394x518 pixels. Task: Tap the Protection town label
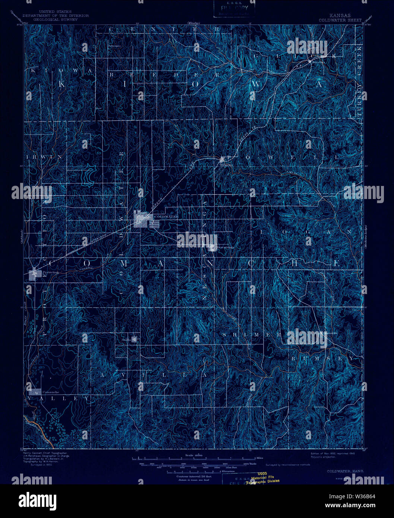[x=51, y=272]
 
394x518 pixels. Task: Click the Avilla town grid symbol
[x=134, y=339]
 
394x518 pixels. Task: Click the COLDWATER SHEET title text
[x=335, y=20]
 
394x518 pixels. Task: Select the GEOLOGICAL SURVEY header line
[x=56, y=19]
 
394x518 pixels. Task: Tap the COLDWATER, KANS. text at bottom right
[x=346, y=471]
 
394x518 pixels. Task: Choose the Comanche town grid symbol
[x=35, y=392]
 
